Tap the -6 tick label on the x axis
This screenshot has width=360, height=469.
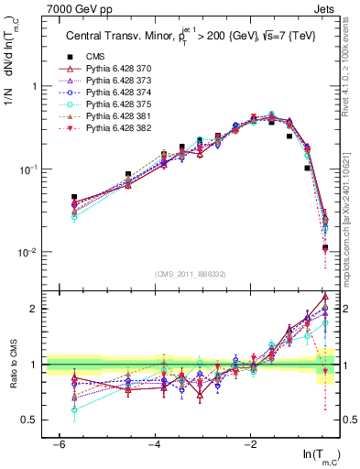tap(58, 444)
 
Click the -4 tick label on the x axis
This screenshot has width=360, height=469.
tap(155, 444)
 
